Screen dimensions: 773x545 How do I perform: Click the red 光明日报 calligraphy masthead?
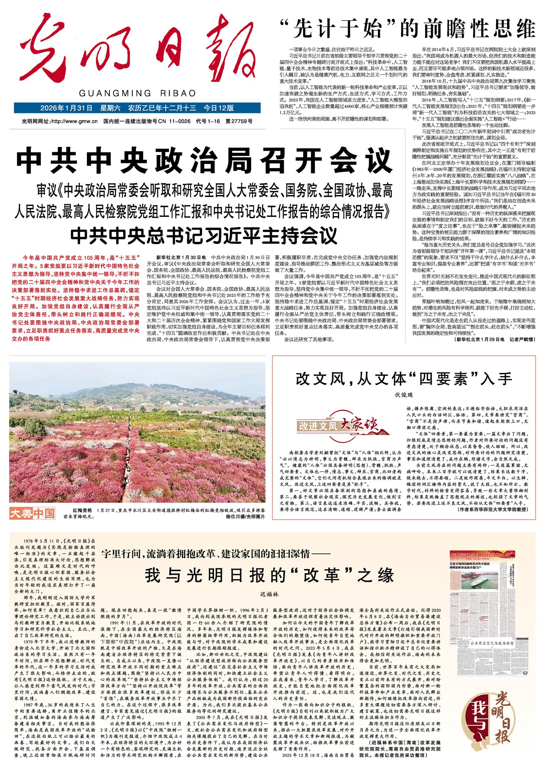click(x=136, y=51)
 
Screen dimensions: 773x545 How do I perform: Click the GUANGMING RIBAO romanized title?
click(x=137, y=93)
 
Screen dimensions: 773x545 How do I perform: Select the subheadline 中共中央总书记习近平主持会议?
click(x=204, y=235)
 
